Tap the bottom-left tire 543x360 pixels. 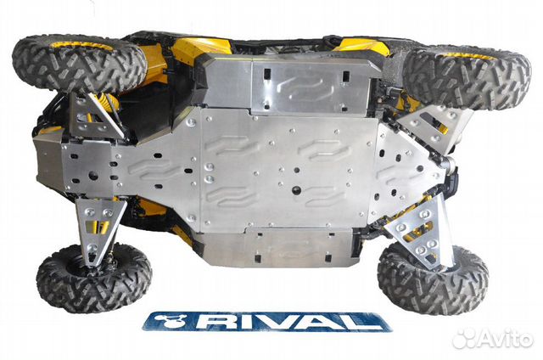pyautogui.click(x=94, y=276)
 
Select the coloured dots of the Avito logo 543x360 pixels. pyautogui.click(x=463, y=338)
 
